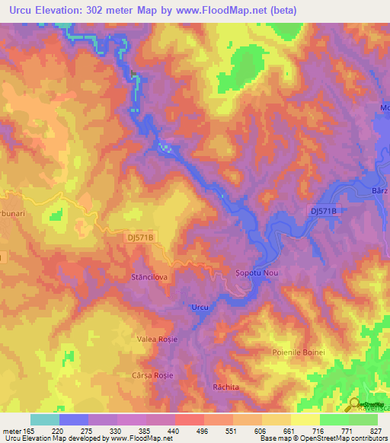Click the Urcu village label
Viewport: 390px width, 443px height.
(x=198, y=307)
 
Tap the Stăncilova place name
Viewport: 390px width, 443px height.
(x=149, y=278)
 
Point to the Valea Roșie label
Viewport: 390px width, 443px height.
(x=155, y=338)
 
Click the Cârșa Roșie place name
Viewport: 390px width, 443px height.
(x=155, y=375)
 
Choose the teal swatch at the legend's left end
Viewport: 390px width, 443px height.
(x=45, y=419)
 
